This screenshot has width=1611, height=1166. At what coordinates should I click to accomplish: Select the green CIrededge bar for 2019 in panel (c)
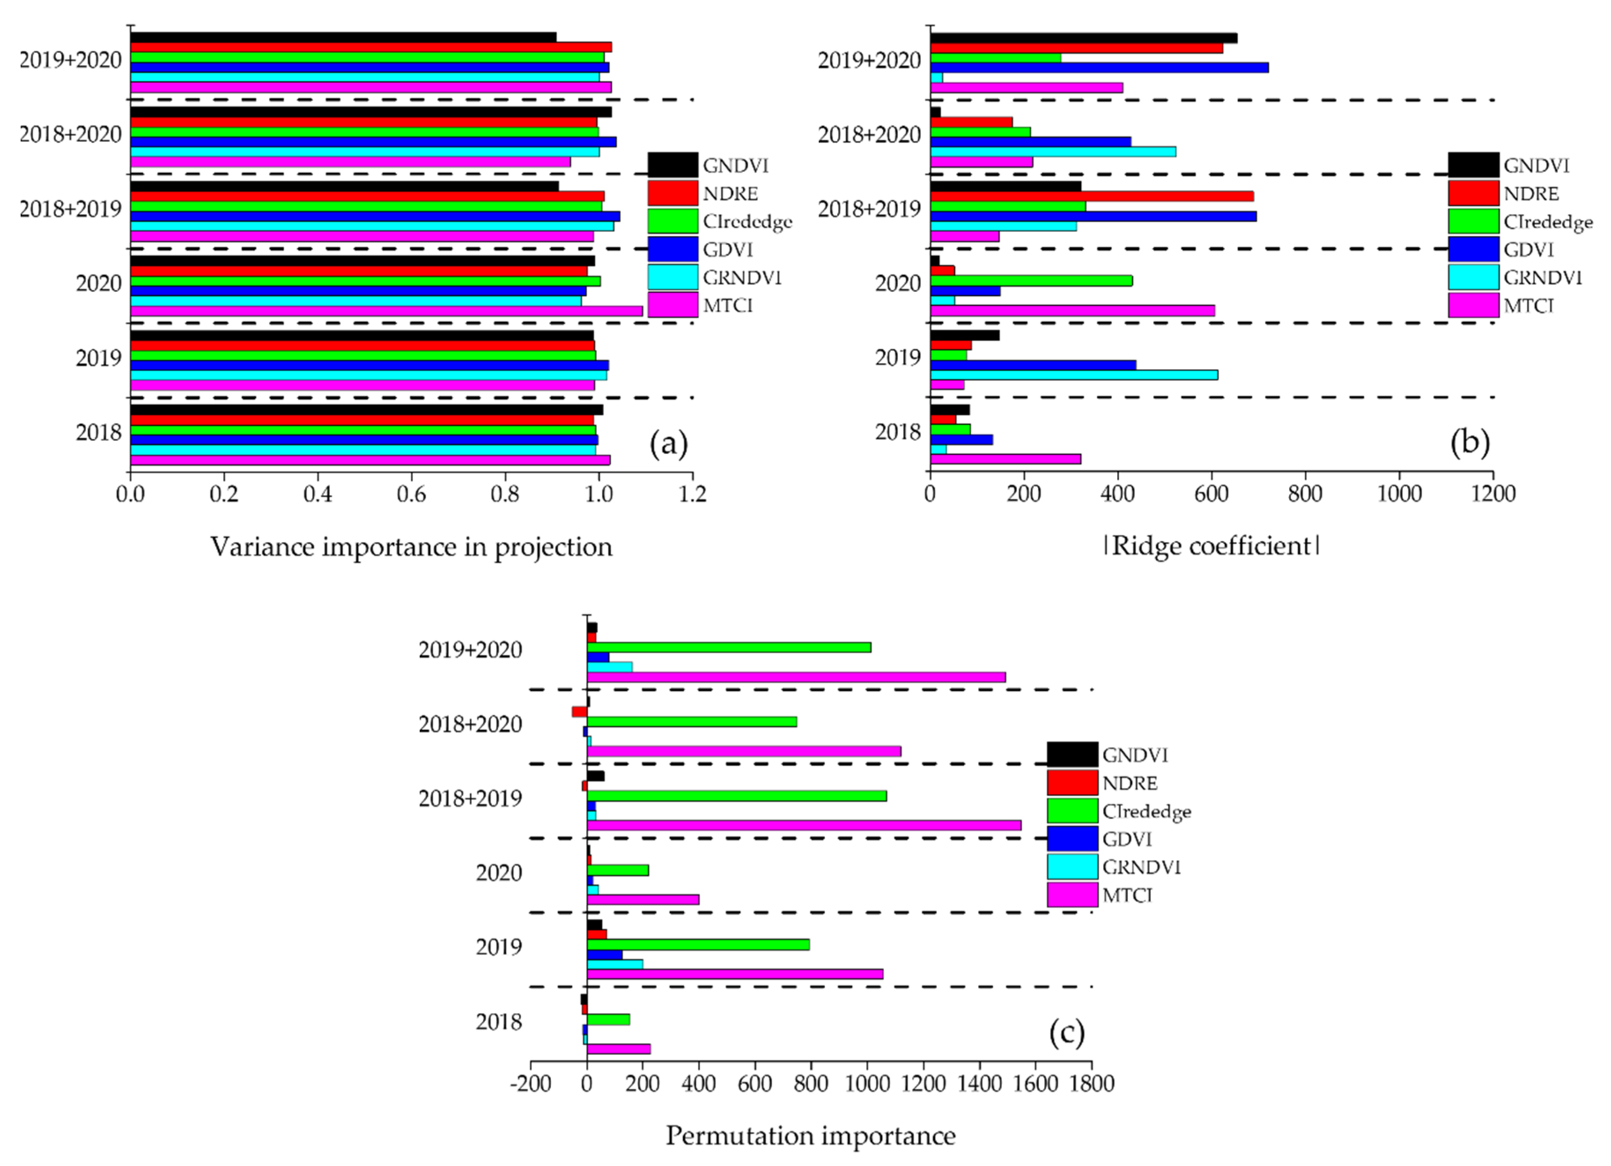coord(698,944)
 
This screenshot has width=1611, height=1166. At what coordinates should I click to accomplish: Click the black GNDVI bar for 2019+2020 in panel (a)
coord(343,37)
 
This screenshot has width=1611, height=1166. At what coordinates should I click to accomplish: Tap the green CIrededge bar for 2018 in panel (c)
coord(608,1019)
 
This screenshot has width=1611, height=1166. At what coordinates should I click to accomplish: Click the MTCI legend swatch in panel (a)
coord(672,305)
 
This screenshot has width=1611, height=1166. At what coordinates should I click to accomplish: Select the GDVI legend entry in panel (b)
coord(1527,249)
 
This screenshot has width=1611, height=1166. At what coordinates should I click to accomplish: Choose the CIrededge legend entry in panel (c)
coord(1146,811)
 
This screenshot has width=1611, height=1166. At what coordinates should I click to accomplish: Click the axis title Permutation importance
coord(810,1136)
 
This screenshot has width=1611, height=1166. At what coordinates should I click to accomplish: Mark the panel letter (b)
coord(1469,443)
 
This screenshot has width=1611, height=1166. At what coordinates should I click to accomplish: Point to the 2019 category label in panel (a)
coord(99,357)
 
